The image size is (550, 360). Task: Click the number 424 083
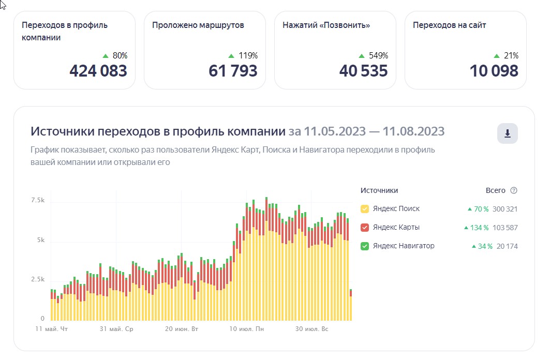98,71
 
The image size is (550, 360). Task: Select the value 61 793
233,71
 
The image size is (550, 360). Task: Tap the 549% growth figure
378,56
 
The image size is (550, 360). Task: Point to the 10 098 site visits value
494,71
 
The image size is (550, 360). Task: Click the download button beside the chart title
507,134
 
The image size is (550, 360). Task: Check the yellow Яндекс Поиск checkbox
365,209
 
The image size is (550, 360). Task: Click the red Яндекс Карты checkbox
365,228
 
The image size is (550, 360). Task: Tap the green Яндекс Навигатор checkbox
365,246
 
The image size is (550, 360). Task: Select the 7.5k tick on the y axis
38,200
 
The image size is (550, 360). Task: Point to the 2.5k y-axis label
38,279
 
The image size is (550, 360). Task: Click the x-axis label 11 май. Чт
51,329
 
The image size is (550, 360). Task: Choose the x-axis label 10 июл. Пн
246,329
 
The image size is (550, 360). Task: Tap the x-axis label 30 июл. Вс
311,329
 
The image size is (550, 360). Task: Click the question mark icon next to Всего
514,190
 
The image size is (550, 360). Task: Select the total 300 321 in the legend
506,209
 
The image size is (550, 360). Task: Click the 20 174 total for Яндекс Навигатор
508,246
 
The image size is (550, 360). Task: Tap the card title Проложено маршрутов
198,25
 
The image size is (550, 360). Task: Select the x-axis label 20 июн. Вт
182,329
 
